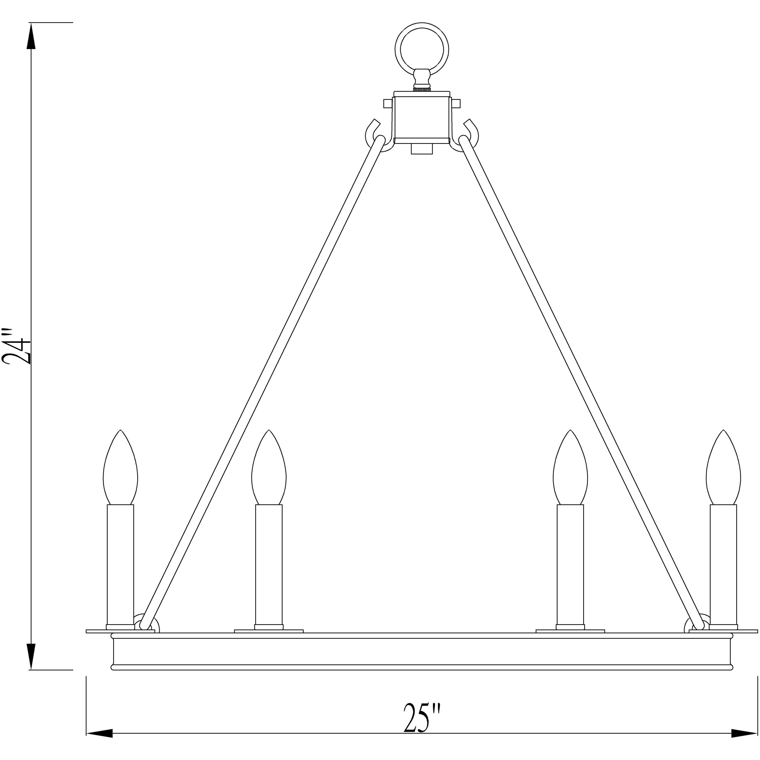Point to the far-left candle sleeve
tap(120, 566)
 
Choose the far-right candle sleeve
tap(723, 566)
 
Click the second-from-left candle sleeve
tap(269, 566)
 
